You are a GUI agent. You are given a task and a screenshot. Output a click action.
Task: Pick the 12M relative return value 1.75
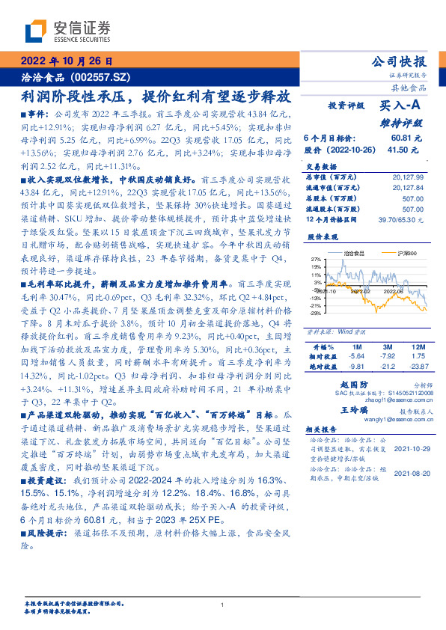pos(418,357)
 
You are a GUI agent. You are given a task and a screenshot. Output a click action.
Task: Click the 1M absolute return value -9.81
pos(355,367)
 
